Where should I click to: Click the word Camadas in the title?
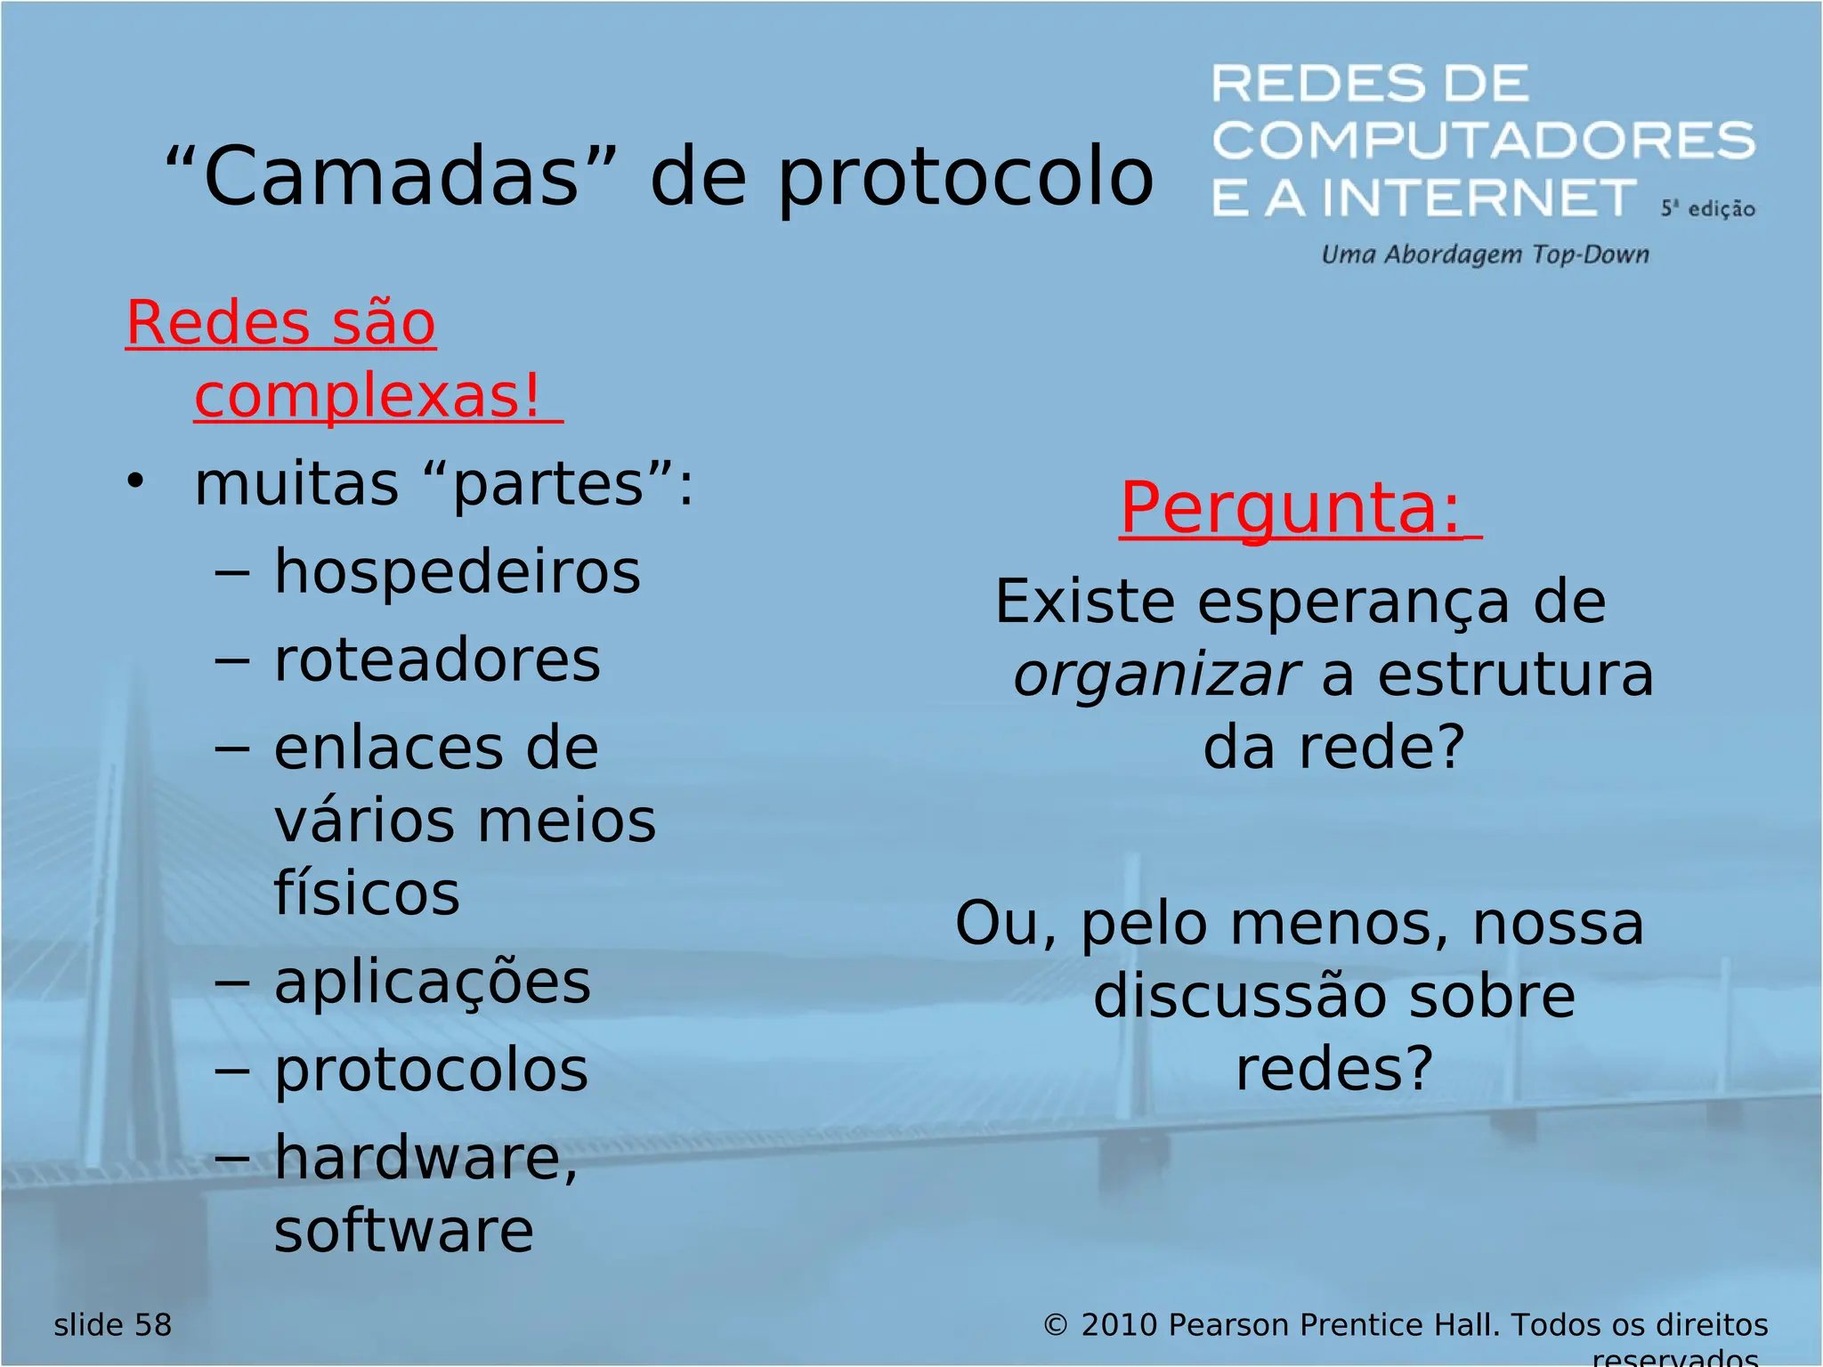click(x=392, y=176)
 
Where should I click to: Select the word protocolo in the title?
click(x=966, y=178)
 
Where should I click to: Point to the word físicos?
click(x=367, y=893)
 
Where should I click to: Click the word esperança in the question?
click(x=1353, y=603)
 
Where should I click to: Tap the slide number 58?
click(x=152, y=1325)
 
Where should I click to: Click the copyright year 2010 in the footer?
click(x=1119, y=1325)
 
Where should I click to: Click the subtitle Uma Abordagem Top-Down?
click(x=1485, y=255)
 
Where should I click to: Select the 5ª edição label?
click(x=1706, y=209)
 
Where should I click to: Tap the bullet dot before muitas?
click(x=134, y=482)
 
